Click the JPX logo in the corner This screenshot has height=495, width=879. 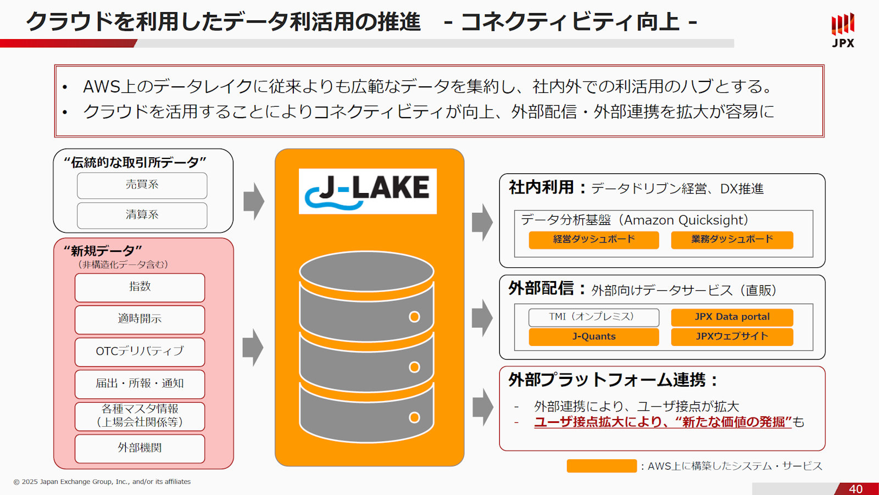click(x=843, y=30)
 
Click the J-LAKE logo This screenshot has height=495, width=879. click(x=368, y=191)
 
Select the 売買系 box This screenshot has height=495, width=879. click(x=142, y=185)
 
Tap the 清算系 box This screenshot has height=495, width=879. click(x=142, y=215)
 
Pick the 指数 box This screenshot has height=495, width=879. click(x=140, y=287)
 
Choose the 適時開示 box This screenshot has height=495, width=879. click(x=140, y=320)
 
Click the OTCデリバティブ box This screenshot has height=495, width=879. click(x=140, y=351)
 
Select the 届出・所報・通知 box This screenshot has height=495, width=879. click(x=140, y=384)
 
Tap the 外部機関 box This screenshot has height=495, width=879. click(x=140, y=448)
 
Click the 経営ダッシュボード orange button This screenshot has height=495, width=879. click(x=593, y=240)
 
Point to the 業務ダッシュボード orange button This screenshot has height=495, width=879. click(x=732, y=240)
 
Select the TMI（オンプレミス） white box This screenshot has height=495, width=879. click(x=593, y=317)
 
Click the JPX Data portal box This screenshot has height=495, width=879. click(x=732, y=317)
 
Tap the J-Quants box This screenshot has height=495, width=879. click(x=593, y=337)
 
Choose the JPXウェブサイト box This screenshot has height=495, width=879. click(x=732, y=337)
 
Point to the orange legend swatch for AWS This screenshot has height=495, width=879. click(x=602, y=466)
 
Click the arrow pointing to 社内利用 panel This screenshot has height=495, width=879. click(x=482, y=222)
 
